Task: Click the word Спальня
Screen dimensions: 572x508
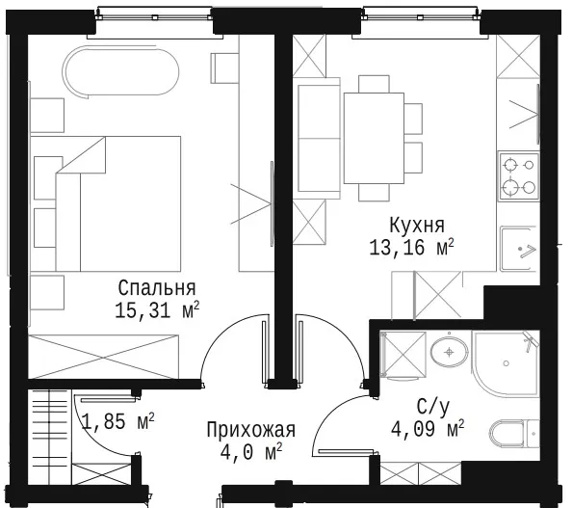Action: [157, 288]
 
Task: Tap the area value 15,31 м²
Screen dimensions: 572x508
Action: [157, 310]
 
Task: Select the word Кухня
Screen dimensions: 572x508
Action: [417, 225]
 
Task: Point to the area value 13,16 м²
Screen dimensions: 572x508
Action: [411, 248]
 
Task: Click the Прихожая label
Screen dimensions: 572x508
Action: [250, 430]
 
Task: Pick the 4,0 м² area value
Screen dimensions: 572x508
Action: [251, 452]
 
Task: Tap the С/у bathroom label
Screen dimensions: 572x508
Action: [433, 406]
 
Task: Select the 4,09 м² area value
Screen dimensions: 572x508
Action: [428, 429]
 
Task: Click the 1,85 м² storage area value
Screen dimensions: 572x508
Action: [117, 421]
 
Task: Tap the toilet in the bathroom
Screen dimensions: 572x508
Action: [514, 434]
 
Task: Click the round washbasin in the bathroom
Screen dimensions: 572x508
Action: [450, 352]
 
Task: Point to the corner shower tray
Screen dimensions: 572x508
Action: [506, 363]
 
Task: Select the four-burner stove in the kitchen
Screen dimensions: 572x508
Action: [519, 176]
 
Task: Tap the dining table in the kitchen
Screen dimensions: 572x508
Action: [374, 138]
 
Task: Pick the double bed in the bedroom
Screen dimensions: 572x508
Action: [106, 203]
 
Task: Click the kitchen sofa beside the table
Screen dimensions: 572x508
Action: [318, 138]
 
